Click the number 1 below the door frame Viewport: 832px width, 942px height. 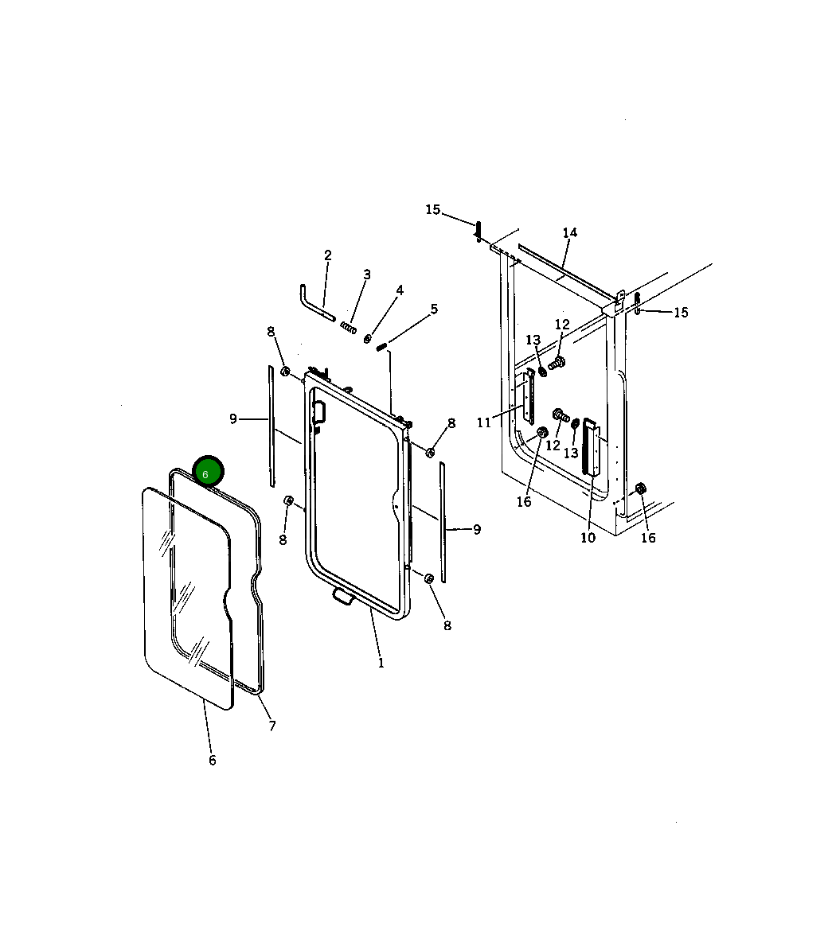click(381, 664)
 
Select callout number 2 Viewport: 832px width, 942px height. click(328, 255)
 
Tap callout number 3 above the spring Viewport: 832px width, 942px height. click(367, 274)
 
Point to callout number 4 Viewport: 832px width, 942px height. click(400, 290)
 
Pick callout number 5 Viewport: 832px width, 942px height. click(434, 309)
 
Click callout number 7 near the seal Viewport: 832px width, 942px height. click(272, 726)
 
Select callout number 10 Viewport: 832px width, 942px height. click(588, 538)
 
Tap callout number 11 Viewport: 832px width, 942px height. click(484, 423)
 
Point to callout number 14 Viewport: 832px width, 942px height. click(570, 232)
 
